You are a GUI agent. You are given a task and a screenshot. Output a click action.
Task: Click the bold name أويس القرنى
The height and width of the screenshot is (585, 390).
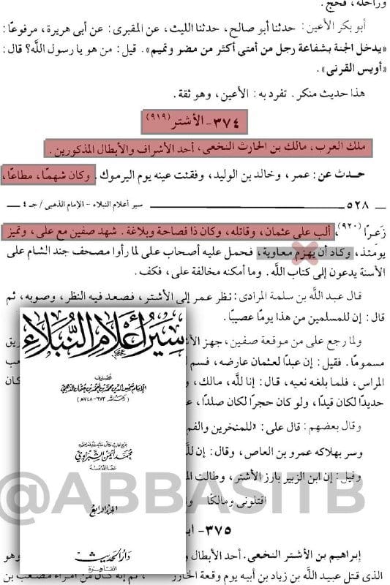pyautogui.click(x=352, y=71)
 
